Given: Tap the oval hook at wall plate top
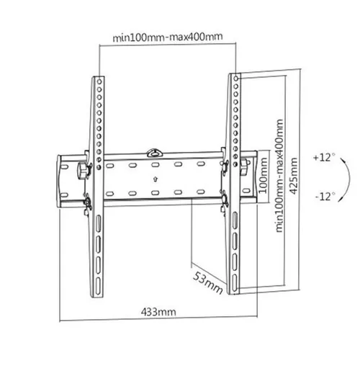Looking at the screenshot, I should (155, 151).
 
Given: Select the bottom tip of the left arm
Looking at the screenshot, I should (99, 290).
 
